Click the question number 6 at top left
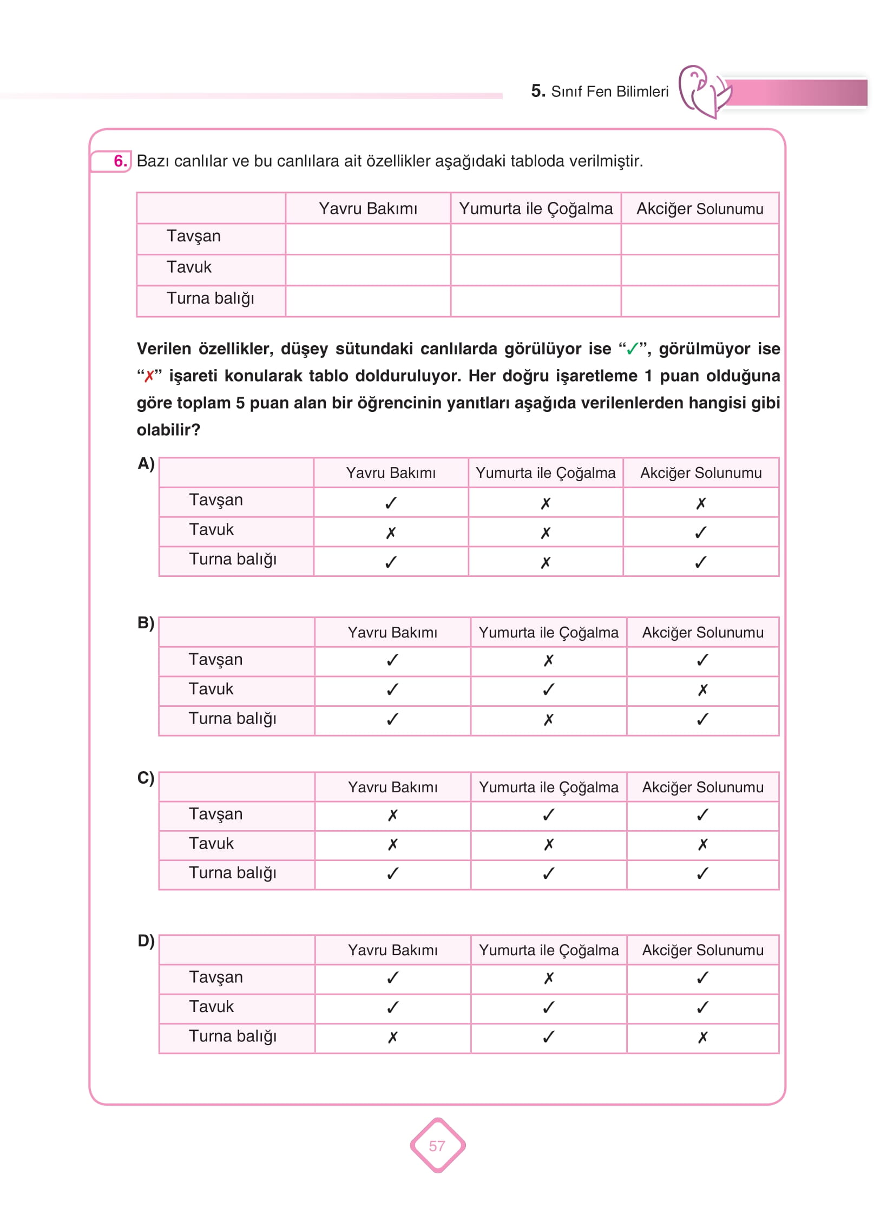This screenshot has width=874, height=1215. [x=120, y=161]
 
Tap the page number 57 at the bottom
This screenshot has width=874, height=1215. [x=437, y=1146]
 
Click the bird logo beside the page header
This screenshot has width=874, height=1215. [x=704, y=91]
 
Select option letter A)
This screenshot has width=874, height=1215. [x=146, y=464]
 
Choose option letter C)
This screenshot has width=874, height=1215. [x=146, y=778]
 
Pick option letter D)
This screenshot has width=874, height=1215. [x=146, y=941]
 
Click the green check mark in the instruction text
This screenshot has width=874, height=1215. [x=632, y=349]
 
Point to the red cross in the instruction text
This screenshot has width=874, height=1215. [x=149, y=376]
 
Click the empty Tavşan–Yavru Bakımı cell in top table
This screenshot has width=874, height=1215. [x=368, y=239]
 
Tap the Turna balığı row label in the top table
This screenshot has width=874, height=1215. [x=210, y=298]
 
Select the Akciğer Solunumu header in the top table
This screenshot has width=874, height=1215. [x=700, y=208]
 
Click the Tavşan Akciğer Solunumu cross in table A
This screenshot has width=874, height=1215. [x=701, y=503]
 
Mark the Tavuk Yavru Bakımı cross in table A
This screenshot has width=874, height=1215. [x=391, y=533]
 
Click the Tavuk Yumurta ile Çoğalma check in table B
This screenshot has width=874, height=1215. [x=548, y=689]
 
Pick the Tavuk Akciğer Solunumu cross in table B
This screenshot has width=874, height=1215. [x=702, y=690]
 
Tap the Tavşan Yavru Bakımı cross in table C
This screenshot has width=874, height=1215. [x=393, y=815]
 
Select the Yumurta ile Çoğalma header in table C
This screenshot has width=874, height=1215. [x=548, y=787]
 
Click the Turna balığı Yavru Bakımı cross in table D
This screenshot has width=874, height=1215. [x=393, y=1037]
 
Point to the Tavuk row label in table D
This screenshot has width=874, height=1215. [x=211, y=1007]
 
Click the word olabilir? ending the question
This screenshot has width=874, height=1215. [x=168, y=430]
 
